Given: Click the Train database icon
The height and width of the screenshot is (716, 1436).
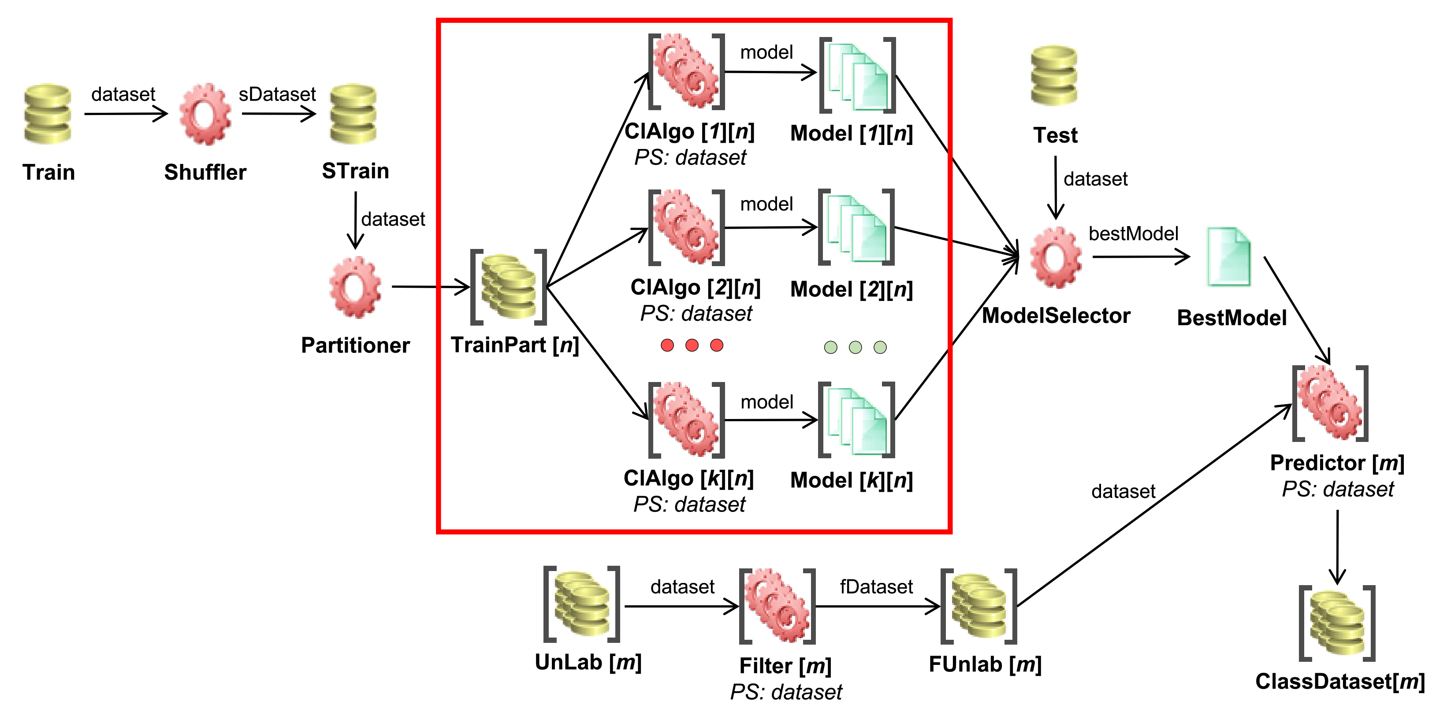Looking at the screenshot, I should click(48, 114).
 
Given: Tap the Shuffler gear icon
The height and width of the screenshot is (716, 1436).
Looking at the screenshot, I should click(205, 114).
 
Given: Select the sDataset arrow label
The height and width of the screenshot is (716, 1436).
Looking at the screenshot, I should click(277, 94).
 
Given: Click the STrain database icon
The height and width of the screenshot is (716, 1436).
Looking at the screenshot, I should click(353, 114).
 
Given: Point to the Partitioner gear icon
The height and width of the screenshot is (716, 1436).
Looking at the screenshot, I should click(355, 287).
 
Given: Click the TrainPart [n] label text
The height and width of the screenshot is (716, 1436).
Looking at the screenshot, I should click(514, 345).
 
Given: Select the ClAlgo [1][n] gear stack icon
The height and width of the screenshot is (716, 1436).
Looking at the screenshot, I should click(686, 71).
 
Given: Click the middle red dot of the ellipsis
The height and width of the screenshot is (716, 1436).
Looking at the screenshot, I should click(692, 345).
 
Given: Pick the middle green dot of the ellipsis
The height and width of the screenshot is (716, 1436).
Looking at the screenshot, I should click(855, 347).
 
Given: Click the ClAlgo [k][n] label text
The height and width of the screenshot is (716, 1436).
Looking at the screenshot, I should click(688, 478).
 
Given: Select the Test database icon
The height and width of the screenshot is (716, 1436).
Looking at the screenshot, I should click(1053, 76).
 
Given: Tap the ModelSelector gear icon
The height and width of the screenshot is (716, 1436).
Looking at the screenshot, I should click(1055, 257).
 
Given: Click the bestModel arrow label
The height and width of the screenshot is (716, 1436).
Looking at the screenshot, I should click(1133, 234).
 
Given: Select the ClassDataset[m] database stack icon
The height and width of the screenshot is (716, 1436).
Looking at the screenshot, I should click(1337, 623).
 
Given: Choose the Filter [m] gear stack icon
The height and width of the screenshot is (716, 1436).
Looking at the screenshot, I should click(777, 606).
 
